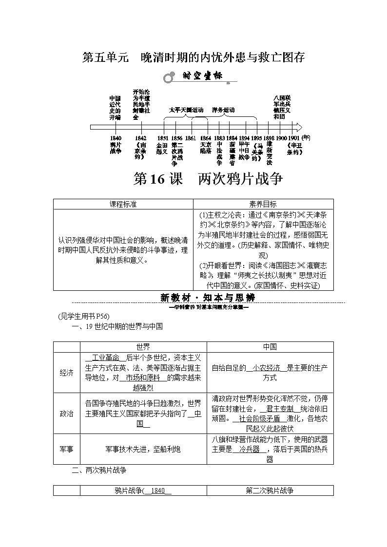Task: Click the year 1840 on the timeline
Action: click(x=116, y=138)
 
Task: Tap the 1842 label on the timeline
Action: click(x=140, y=138)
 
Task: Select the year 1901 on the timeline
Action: click(x=294, y=138)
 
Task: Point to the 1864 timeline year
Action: click(x=206, y=138)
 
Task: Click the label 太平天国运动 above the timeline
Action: click(x=186, y=110)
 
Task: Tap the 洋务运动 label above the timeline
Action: click(x=223, y=110)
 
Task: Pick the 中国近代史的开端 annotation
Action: click(x=115, y=107)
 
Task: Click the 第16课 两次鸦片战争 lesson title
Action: click(x=208, y=179)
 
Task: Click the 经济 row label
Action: click(x=66, y=373)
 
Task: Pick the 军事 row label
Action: click(x=66, y=449)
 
